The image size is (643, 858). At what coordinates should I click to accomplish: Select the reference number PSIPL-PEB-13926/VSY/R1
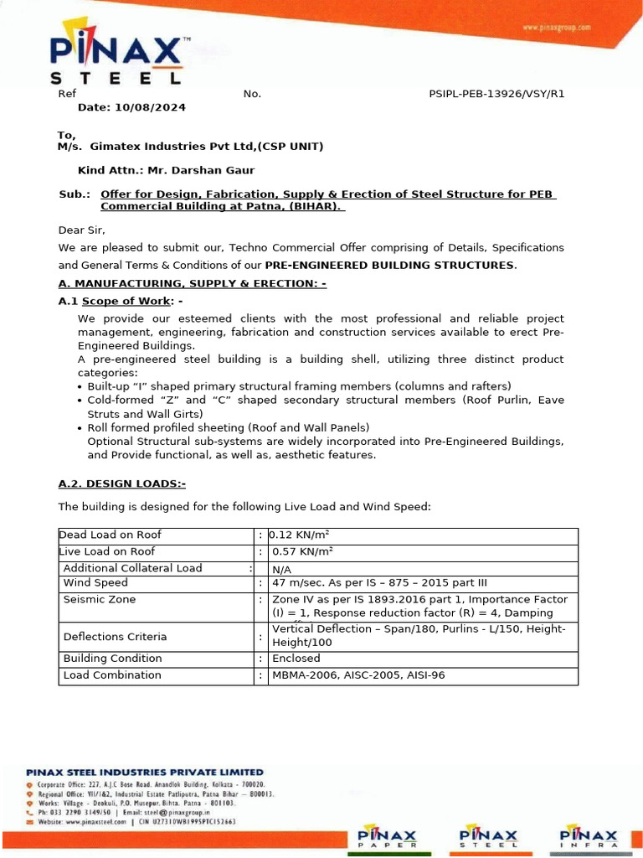(496, 93)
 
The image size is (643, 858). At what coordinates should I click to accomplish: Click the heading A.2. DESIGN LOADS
(122, 483)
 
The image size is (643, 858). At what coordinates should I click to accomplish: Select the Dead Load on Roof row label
(110, 535)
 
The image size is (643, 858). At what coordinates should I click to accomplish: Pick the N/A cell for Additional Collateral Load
(282, 569)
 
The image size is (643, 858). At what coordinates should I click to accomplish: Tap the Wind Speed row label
(95, 583)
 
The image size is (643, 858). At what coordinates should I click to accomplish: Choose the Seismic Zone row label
(99, 600)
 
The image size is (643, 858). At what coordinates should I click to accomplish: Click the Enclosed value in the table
(296, 659)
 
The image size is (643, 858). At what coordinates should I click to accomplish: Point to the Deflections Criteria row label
(115, 637)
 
